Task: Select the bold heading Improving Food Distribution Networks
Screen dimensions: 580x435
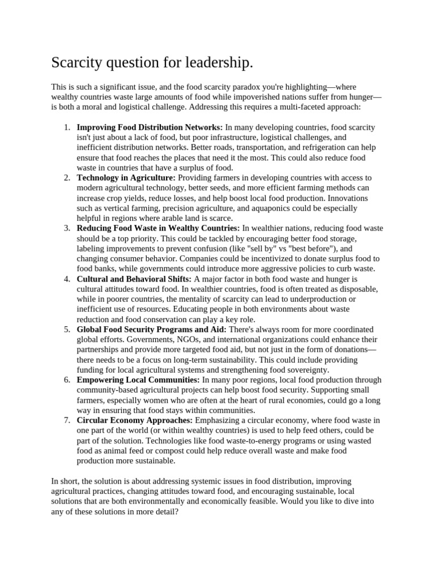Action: (150, 127)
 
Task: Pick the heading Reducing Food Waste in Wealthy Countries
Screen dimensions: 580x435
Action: (159, 228)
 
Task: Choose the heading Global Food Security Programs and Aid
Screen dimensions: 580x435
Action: (151, 329)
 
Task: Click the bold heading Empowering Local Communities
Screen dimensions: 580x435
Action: (138, 379)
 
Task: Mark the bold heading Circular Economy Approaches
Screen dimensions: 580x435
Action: (135, 420)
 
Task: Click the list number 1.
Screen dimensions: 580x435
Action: (66, 127)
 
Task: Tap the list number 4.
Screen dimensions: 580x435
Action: (66, 279)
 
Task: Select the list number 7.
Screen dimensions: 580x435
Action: (66, 420)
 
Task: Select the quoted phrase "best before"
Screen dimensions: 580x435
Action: (314, 249)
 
